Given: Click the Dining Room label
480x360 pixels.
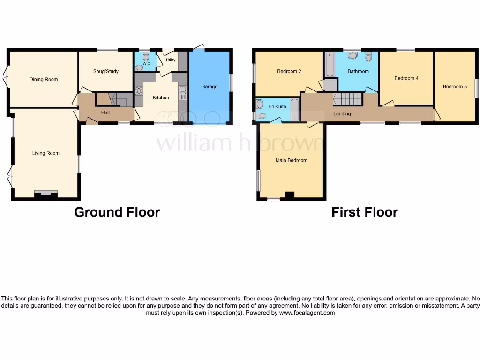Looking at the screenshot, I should click(x=44, y=80).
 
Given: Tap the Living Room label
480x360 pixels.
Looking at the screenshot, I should click(x=46, y=153).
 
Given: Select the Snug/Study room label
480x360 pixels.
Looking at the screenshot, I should click(x=105, y=72).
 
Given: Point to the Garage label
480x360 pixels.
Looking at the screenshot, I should click(x=209, y=87).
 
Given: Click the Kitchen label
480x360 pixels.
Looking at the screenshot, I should click(x=161, y=97).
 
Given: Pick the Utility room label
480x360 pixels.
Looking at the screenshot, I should click(x=171, y=60).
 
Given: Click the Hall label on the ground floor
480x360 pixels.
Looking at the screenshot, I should click(x=105, y=112).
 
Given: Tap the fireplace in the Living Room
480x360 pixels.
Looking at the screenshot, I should click(x=46, y=193).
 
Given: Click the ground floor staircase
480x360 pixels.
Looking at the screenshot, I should click(x=114, y=99).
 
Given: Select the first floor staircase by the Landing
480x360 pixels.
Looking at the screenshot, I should click(x=348, y=99).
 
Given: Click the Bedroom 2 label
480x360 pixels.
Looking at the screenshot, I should click(x=289, y=72).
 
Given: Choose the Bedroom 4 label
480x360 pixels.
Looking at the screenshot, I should click(x=406, y=78).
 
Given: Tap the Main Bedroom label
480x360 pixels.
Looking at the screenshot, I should click(x=291, y=160).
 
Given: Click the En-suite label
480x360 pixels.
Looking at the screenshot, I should click(x=277, y=107).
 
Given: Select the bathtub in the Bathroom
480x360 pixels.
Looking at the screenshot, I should click(x=330, y=65).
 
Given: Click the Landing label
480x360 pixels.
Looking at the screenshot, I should click(x=342, y=114).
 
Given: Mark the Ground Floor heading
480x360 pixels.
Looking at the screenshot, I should click(x=117, y=212).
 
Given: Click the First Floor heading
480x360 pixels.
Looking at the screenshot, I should click(x=365, y=212).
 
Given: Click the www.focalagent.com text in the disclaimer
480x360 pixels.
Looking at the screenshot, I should click(x=307, y=313).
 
